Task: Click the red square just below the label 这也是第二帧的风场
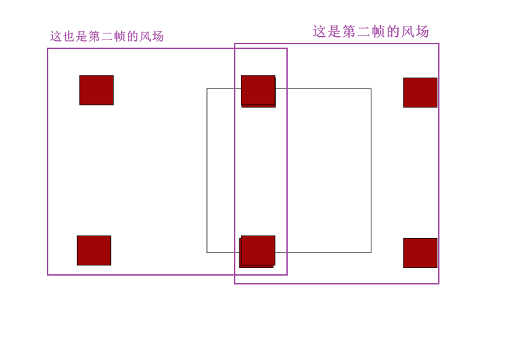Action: tap(96, 90)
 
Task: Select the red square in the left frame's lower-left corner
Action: tap(94, 250)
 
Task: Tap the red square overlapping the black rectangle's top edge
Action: tap(258, 91)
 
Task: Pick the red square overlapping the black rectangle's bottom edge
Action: tap(257, 251)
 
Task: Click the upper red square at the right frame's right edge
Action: tap(420, 93)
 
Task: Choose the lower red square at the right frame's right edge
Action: tap(420, 253)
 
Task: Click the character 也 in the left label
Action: tap(69, 37)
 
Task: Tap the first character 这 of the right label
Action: tap(320, 32)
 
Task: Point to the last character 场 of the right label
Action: tap(422, 32)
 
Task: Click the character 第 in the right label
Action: tap(349, 32)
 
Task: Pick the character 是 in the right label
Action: tap(334, 32)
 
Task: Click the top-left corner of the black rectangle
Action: tap(207, 88)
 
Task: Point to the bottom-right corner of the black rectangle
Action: tap(371, 252)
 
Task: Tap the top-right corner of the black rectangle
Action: tap(371, 88)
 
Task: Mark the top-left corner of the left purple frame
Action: tap(48, 48)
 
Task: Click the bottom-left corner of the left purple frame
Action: tap(48, 275)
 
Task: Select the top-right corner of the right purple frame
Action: tap(439, 44)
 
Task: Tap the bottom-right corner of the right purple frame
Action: tap(439, 283)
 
